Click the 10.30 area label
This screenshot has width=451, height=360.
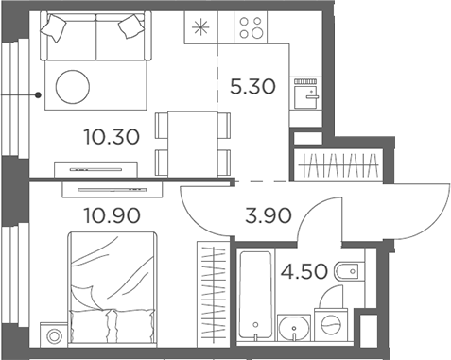point(113,137)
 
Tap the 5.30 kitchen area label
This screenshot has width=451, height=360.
point(252,89)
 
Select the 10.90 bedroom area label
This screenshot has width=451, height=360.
point(113,215)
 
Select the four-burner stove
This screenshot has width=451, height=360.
point(253,30)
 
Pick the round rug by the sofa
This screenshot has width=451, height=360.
point(75,87)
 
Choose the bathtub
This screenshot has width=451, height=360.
point(255,293)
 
